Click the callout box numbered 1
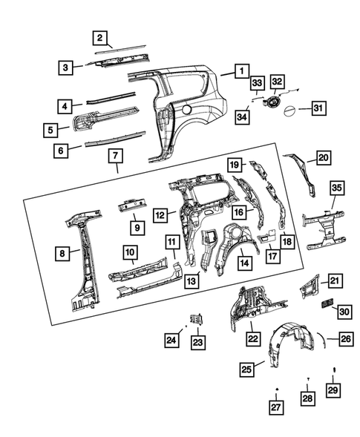[240, 71]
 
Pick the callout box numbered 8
[65, 254]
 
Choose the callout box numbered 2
[100, 38]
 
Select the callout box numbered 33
[257, 82]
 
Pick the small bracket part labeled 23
[197, 318]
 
